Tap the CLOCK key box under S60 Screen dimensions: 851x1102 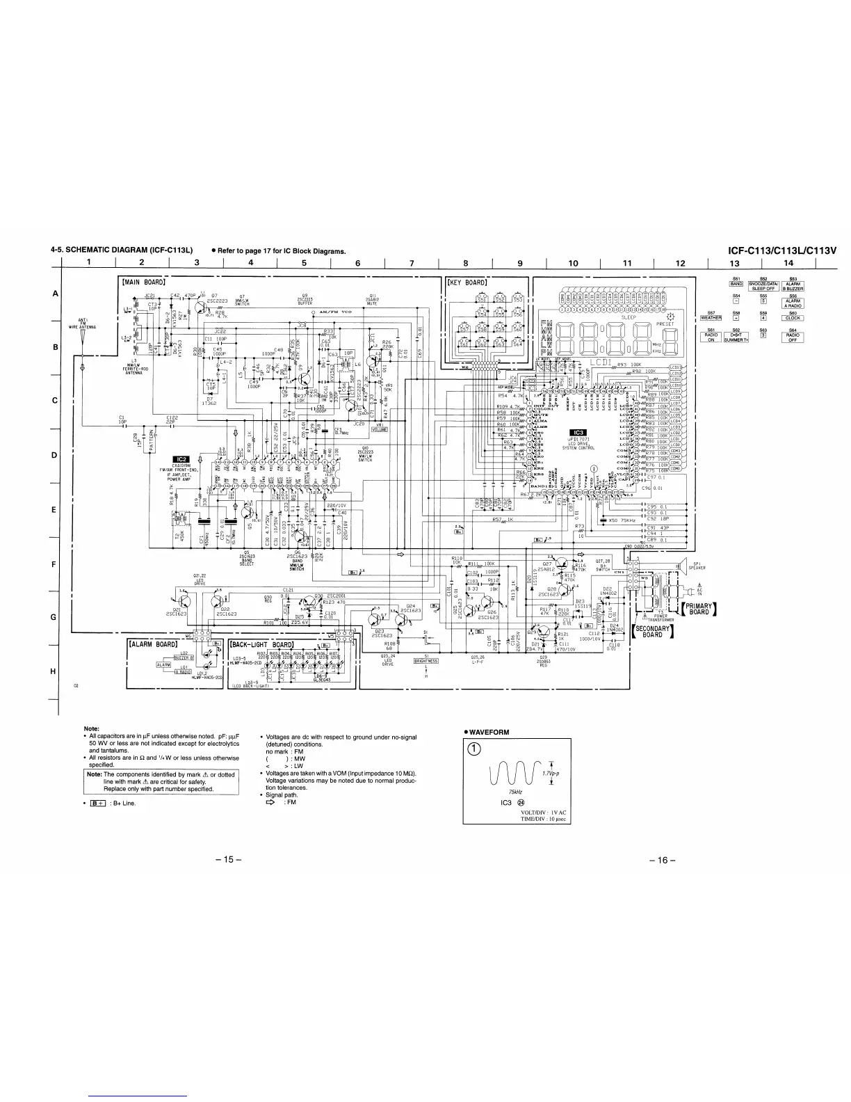tap(793, 319)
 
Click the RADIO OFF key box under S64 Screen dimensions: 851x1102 tap(793, 337)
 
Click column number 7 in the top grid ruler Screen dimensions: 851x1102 tap(412, 263)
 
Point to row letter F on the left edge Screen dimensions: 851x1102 tap(55, 564)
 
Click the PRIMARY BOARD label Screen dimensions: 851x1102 tap(697, 609)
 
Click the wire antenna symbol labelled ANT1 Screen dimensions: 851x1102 tap(81, 344)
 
